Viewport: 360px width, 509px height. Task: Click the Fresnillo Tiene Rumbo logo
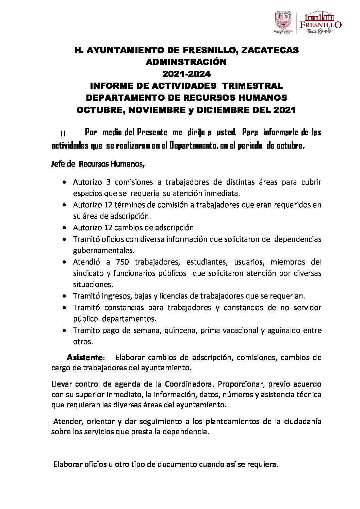(x=320, y=22)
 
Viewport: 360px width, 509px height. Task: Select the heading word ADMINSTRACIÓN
(x=186, y=62)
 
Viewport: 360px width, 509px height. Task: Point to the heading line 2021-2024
(x=186, y=74)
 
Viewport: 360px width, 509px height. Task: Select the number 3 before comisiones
(x=108, y=182)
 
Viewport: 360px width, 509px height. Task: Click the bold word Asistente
(x=85, y=358)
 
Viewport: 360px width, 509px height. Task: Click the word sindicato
(x=88, y=273)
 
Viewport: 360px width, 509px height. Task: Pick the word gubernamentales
(x=103, y=251)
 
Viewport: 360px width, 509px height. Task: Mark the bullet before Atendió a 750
(x=64, y=262)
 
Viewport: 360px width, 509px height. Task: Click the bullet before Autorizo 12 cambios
(x=64, y=228)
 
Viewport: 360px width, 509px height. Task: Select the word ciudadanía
(x=303, y=422)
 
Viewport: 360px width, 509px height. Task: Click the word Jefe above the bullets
(x=58, y=164)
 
